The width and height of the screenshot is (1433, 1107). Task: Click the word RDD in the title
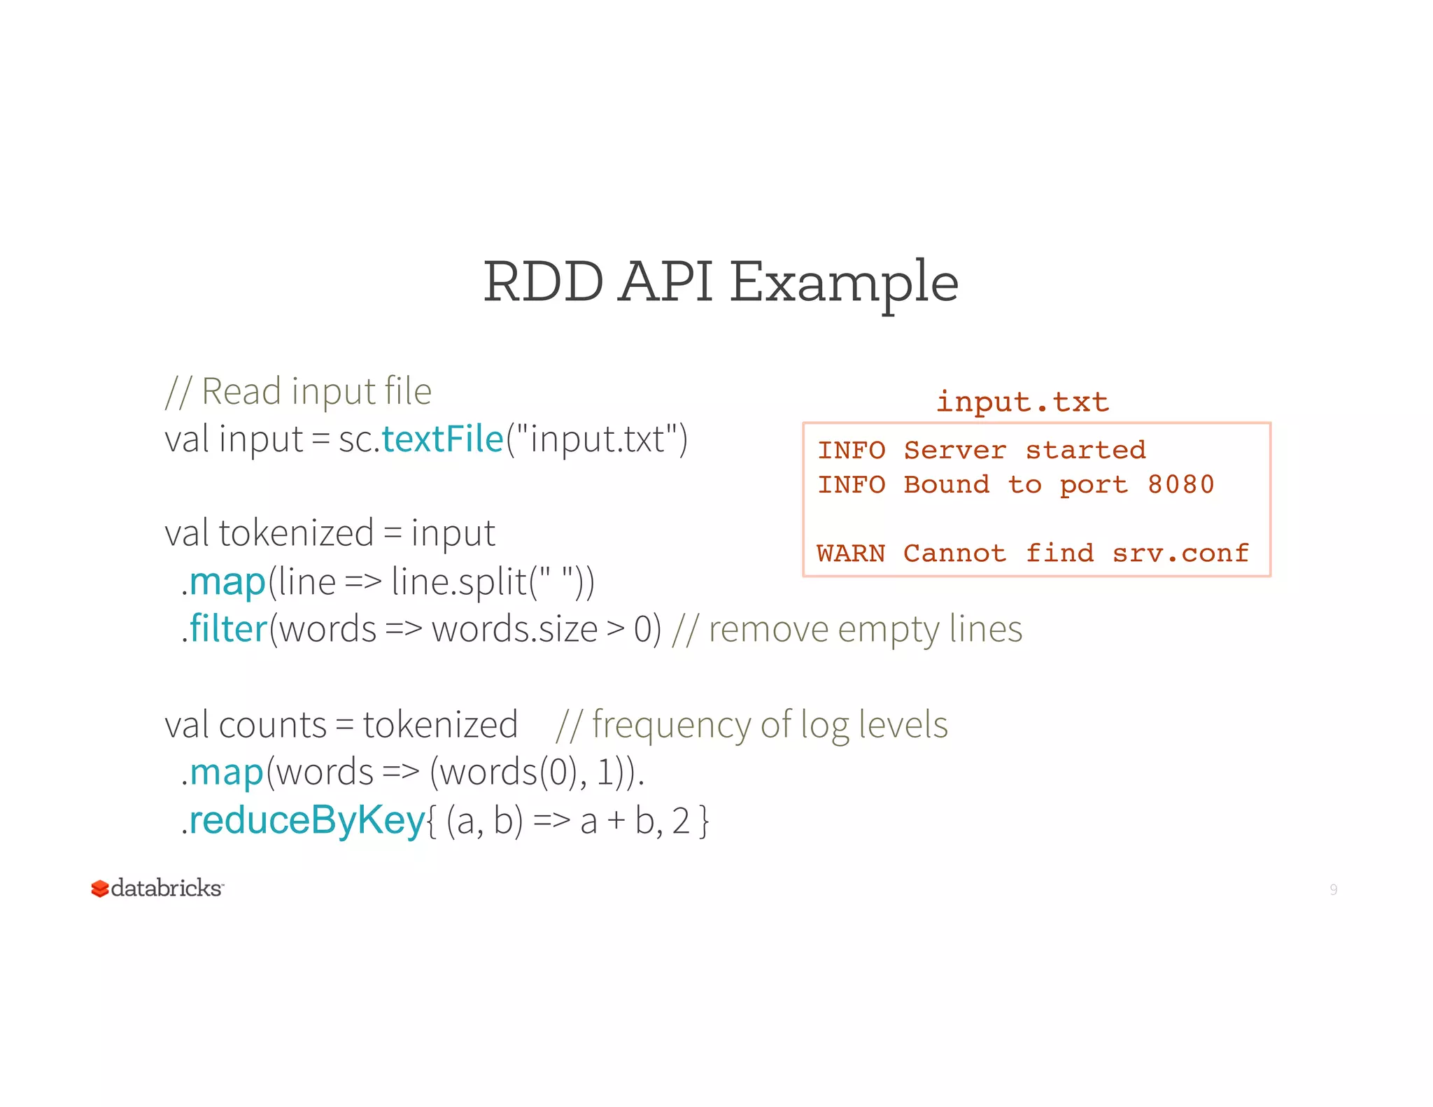pos(543,282)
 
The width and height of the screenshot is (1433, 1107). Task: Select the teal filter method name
pos(229,628)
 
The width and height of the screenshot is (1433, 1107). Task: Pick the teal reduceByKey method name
pos(307,819)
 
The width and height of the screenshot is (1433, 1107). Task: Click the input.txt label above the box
pos(1022,402)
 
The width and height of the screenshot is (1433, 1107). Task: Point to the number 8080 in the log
pos(1180,484)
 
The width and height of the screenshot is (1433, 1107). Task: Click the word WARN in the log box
pos(851,553)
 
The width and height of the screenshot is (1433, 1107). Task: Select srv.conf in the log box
pos(1180,553)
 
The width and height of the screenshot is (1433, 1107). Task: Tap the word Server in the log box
pos(955,450)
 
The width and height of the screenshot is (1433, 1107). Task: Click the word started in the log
pos(1085,450)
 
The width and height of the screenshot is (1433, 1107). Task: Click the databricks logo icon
pos(100,889)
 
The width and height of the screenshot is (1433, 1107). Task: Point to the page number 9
pos(1333,889)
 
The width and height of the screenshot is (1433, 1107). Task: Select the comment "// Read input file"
pos(299,391)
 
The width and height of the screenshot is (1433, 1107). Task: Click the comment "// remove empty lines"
pos(847,628)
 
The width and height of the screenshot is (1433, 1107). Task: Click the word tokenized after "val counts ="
pos(440,724)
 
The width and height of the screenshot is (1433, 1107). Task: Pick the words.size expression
pos(514,628)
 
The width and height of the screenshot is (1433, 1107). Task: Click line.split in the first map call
pos(459,581)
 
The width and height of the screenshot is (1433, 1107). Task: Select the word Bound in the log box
pos(946,484)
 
